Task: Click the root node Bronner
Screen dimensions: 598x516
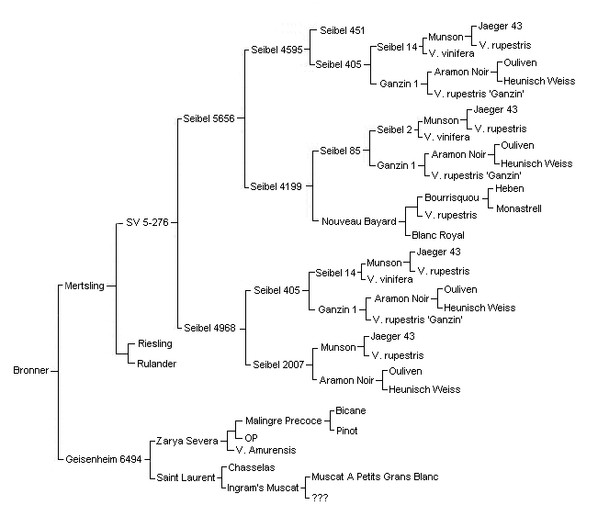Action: tap(31, 370)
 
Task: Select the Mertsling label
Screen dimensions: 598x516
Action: tap(85, 286)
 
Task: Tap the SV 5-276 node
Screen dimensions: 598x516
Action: tap(147, 222)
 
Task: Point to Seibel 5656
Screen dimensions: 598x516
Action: tap(209, 118)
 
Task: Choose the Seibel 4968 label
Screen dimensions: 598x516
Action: tap(209, 328)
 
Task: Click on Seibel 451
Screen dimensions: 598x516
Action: tap(343, 30)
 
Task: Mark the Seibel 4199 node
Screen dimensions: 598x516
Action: tap(276, 186)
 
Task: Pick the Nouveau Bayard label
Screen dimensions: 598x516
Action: tap(359, 221)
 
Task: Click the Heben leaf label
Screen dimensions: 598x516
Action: tap(510, 188)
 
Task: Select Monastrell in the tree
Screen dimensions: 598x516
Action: tap(519, 208)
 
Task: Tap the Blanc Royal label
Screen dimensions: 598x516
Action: tap(438, 235)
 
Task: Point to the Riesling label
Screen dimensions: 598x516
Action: tap(155, 343)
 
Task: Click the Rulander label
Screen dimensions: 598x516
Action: tap(157, 364)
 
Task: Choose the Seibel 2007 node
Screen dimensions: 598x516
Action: tap(278, 365)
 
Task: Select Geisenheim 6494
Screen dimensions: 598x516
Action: tap(104, 459)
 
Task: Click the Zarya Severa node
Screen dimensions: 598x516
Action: tap(186, 441)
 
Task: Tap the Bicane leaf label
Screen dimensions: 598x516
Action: tap(351, 410)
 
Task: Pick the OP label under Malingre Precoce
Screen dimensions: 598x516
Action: tap(251, 438)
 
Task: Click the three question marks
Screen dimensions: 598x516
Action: tap(320, 498)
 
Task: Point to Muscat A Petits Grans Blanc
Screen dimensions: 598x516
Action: tap(375, 477)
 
